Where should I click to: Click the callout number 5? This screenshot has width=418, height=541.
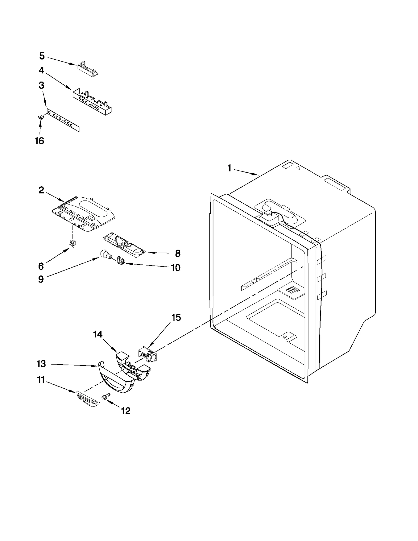point(42,56)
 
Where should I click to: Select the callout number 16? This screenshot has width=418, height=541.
point(39,141)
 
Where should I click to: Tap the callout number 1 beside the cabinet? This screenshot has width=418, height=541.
point(229,168)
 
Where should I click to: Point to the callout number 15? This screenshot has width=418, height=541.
point(176,318)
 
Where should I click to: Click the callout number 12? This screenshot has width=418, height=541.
point(126,411)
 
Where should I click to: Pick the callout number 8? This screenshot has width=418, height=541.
point(178,253)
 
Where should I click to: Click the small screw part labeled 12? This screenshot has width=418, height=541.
point(107,396)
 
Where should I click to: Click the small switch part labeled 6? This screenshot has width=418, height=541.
point(73,244)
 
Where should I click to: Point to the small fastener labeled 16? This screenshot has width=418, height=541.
point(40,118)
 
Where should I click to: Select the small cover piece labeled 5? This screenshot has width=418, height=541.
point(88,68)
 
